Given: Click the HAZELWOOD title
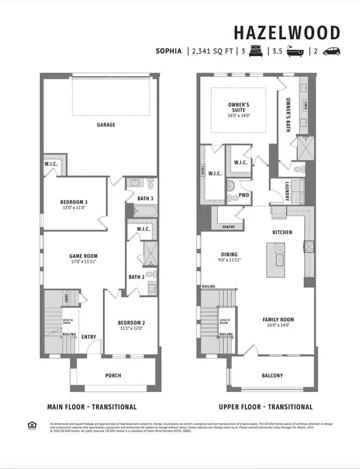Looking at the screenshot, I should (296, 32).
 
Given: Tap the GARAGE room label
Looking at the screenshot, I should (106, 125).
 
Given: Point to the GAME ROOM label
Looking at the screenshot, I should (83, 256).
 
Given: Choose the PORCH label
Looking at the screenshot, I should (113, 376).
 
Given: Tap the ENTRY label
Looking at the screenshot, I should (88, 336).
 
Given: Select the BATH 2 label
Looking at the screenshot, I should (135, 277).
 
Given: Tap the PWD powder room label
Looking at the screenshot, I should (244, 196).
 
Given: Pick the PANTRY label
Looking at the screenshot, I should (229, 227).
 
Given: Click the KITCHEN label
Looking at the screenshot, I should (282, 232).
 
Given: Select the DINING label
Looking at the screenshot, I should (229, 255).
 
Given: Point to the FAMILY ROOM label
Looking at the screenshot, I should (278, 319).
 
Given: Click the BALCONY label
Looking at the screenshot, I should (273, 376).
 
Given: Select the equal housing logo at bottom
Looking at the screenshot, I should (32, 425).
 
